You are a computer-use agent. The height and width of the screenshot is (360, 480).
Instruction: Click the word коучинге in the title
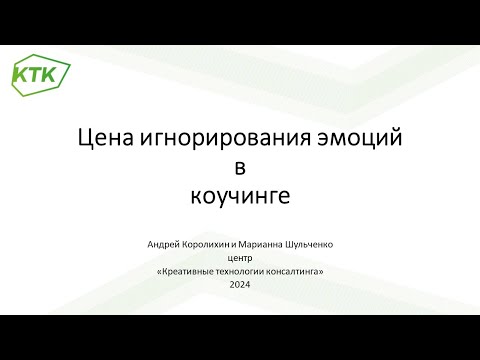[x=239, y=196]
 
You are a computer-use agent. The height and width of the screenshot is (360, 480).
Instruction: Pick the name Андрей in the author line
[x=162, y=243]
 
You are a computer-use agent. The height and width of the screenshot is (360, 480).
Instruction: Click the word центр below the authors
[x=240, y=257]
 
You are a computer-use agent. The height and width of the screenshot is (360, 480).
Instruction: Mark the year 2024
[x=240, y=285]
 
